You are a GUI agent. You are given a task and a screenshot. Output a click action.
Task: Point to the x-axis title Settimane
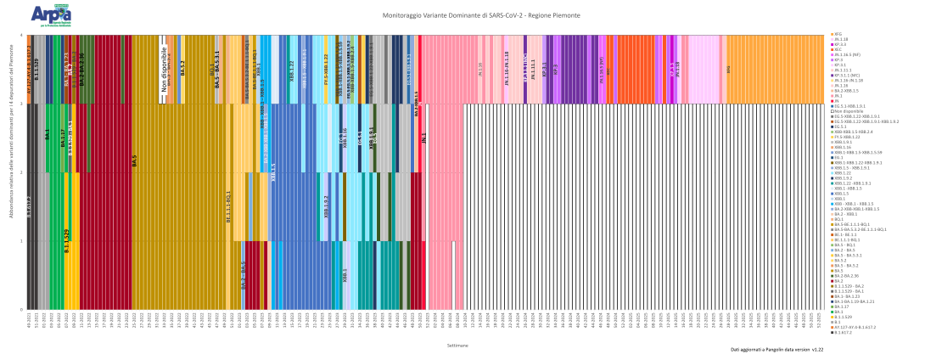pyautogui.click(x=457, y=345)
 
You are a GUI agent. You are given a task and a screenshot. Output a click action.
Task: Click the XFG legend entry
pyautogui.click(x=841, y=35)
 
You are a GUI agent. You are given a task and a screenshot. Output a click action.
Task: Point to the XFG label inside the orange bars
pyautogui.click(x=727, y=70)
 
